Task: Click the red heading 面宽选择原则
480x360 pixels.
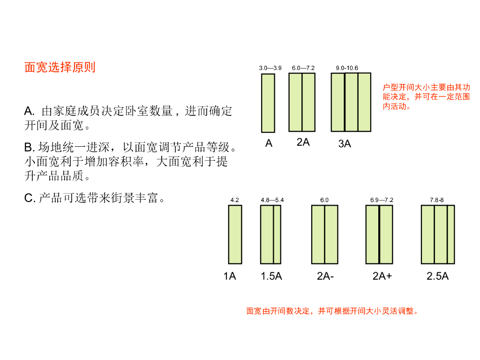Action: point(60,67)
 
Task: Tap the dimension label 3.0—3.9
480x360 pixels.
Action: point(270,68)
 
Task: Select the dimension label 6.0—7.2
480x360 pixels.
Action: point(303,68)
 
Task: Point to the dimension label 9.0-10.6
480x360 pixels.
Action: point(347,68)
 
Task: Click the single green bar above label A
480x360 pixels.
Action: point(268,103)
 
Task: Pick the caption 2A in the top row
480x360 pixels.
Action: point(303,142)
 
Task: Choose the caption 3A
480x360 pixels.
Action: point(345,144)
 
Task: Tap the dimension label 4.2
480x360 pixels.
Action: point(235,200)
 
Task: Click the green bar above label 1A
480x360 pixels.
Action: point(235,234)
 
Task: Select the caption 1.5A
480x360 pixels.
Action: point(271,276)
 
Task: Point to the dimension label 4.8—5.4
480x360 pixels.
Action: point(272,200)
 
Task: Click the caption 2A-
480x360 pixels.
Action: point(325,276)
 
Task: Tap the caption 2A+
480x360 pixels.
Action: point(382,276)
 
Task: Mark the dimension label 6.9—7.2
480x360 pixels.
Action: point(382,200)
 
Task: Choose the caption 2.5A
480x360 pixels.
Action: point(437,276)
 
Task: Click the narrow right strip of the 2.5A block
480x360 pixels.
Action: point(451,234)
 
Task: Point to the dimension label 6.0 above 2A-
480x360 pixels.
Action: point(324,200)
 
